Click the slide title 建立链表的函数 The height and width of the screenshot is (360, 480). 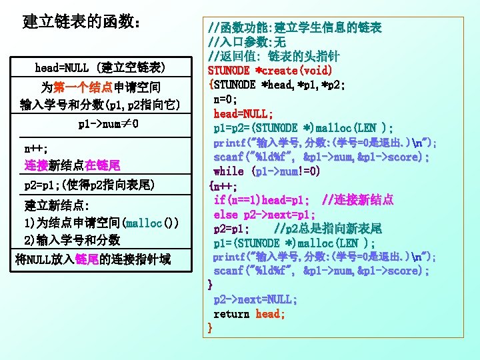coord(82,21)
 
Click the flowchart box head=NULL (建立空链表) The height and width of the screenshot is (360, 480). coord(100,67)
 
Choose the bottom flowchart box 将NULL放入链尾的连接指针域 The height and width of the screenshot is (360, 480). coord(93,259)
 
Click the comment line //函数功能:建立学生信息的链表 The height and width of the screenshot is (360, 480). coord(295,28)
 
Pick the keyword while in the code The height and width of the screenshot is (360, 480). coord(229,171)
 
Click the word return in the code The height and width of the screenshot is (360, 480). coord(231,313)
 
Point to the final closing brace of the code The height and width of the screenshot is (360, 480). coord(211,327)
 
